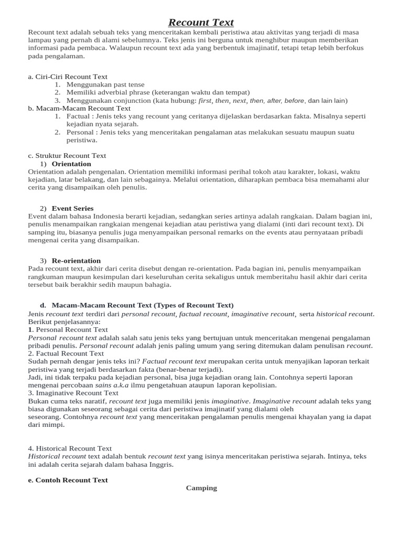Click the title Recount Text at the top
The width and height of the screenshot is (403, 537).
201,22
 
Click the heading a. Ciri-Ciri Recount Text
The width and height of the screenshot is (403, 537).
68,77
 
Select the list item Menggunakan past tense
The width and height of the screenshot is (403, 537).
105,84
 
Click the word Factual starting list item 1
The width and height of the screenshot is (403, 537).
78,116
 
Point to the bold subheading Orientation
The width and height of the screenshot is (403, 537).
71,164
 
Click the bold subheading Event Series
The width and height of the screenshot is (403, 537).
72,208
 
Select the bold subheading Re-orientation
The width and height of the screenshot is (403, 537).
76,261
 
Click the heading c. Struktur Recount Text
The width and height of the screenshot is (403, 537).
67,155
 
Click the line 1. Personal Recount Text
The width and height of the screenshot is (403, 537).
68,330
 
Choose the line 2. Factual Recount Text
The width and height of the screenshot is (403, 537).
66,353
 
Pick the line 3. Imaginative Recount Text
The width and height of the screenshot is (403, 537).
73,393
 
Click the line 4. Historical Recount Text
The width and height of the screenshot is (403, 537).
70,448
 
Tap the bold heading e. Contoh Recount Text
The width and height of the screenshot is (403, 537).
68,480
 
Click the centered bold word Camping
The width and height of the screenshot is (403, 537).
201,488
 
